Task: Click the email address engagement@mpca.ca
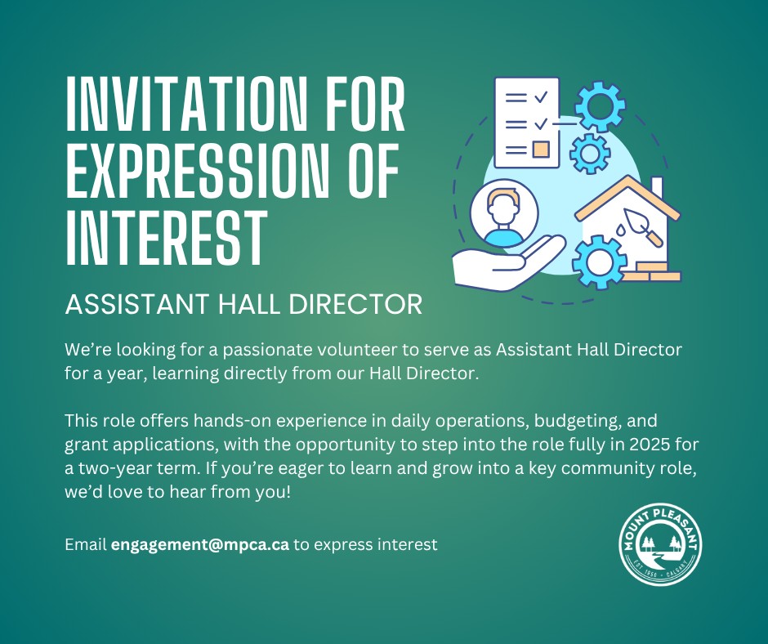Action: (200, 544)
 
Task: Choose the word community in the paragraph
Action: (605, 468)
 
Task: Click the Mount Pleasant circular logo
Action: (660, 543)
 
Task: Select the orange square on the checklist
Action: (541, 149)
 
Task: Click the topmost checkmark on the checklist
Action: (541, 97)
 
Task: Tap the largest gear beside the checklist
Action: (600, 107)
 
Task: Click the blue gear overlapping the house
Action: (599, 262)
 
